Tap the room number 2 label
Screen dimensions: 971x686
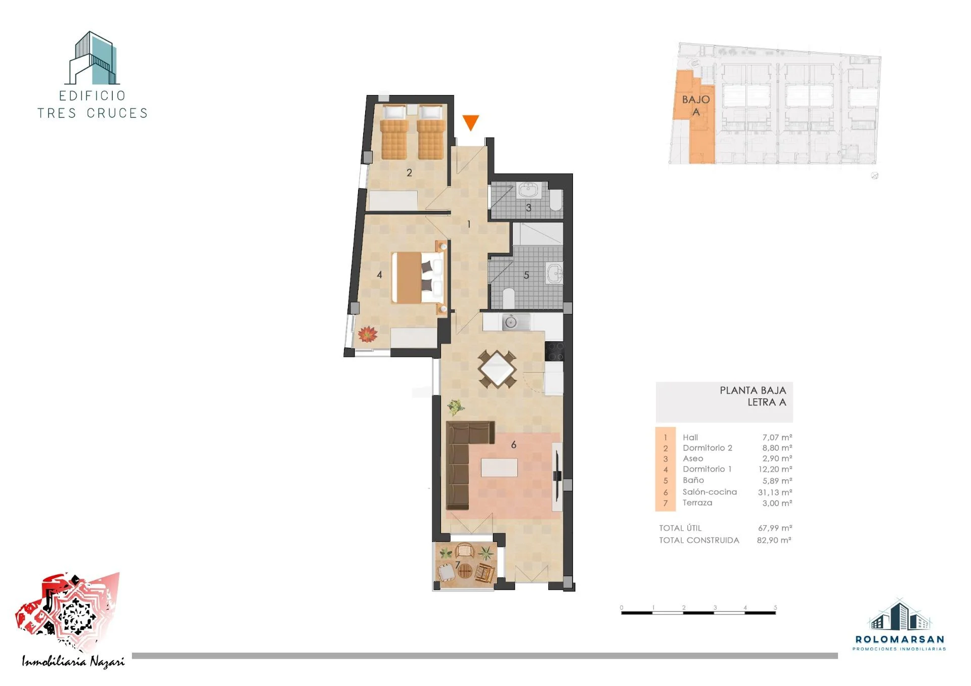click(x=409, y=173)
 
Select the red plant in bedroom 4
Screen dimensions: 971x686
click(x=367, y=334)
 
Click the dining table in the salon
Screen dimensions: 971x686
click(x=498, y=369)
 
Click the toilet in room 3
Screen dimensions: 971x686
click(x=555, y=201)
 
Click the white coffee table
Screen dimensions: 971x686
click(x=499, y=467)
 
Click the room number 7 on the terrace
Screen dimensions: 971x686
click(x=458, y=565)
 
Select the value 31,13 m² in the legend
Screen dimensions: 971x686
click(x=775, y=492)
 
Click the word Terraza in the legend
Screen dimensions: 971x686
click(x=697, y=502)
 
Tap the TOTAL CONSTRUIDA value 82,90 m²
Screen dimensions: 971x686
click(x=774, y=540)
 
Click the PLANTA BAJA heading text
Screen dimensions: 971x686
click(x=753, y=390)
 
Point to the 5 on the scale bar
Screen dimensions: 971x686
click(x=775, y=608)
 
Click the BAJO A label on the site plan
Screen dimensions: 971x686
click(x=696, y=106)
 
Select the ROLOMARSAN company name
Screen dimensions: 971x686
click(x=900, y=639)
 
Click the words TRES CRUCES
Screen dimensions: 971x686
click(x=93, y=113)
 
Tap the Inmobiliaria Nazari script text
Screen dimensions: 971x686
click(x=73, y=662)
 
